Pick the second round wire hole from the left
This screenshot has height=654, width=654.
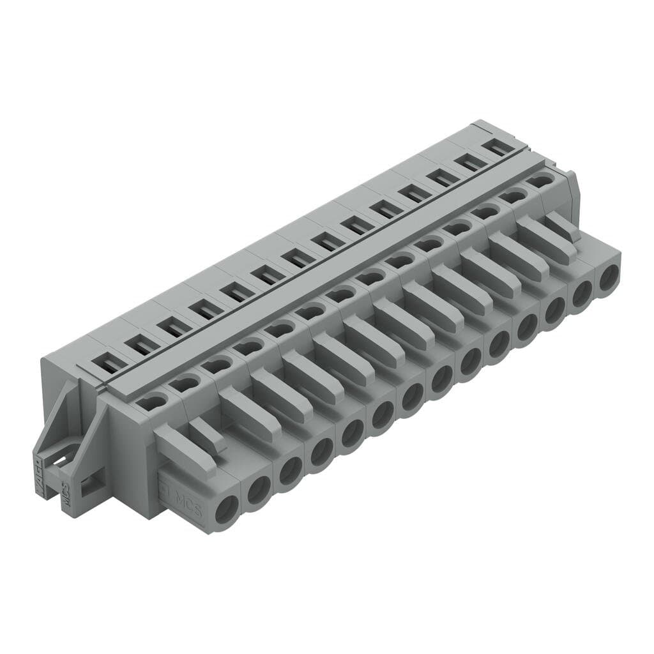258,490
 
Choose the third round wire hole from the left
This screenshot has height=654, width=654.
291,471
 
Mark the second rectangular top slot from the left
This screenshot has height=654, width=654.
142,346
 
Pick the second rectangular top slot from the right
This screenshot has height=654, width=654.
472,162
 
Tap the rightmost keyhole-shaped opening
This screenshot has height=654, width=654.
540,181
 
